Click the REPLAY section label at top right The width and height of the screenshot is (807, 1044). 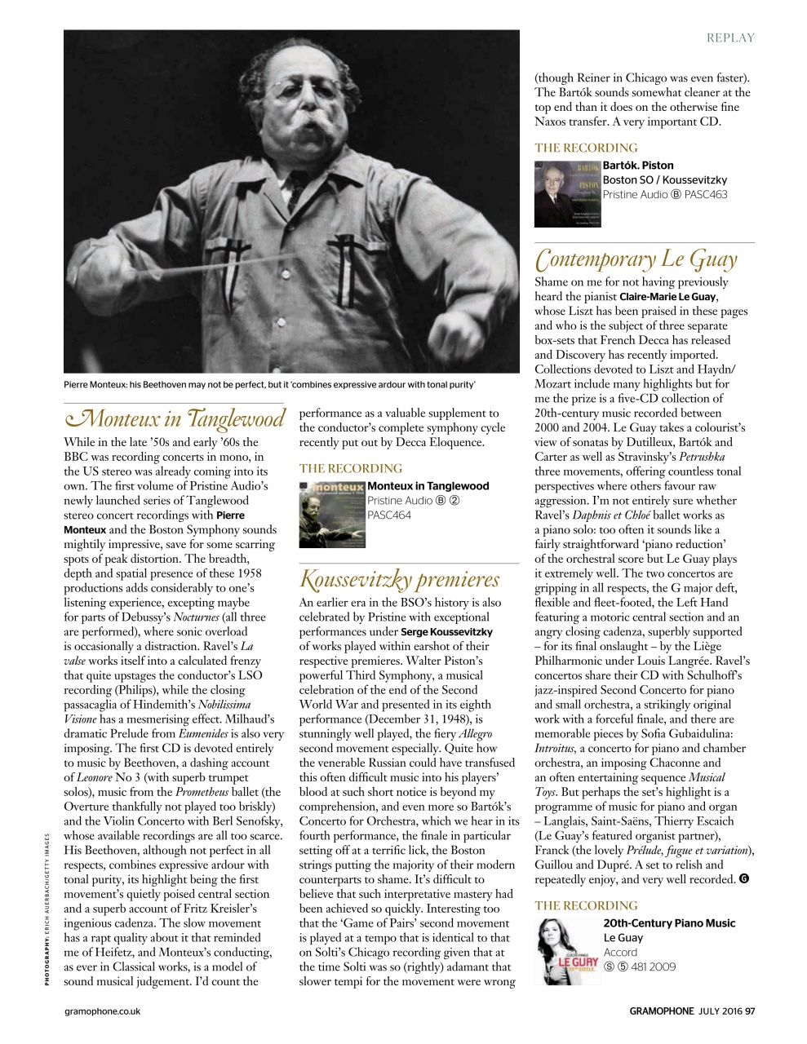730,38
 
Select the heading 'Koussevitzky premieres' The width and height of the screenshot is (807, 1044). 399,579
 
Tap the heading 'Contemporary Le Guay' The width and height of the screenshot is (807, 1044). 636,259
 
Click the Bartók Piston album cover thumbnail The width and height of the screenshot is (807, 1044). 567,194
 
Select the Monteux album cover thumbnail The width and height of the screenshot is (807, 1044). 331,515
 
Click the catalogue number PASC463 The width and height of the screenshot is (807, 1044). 706,195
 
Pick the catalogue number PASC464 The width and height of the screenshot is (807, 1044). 389,515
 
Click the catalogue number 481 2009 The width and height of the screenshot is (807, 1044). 650,967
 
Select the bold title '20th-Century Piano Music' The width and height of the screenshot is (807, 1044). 669,923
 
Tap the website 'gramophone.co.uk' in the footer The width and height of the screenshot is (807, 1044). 102,1011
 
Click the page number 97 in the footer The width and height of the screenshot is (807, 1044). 749,1011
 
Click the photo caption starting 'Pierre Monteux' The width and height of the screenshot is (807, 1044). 269,384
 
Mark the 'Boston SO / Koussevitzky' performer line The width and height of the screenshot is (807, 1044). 664,180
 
